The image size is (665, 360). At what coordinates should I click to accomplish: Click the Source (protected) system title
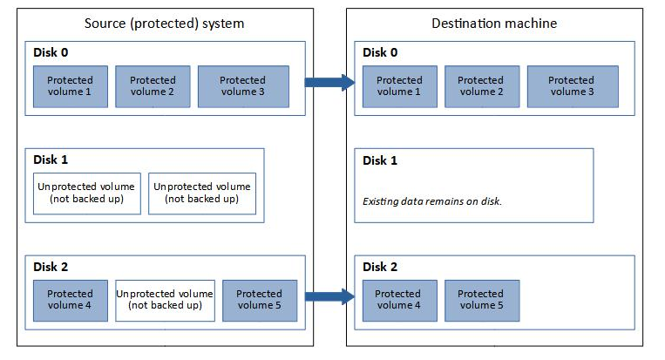(165, 23)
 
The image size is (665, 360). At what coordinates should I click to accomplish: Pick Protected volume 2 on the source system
(153, 86)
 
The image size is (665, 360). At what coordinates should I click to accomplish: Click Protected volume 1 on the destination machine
(398, 86)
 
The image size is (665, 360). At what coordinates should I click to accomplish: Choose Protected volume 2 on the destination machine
(481, 86)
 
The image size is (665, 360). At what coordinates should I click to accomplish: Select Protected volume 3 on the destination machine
(571, 86)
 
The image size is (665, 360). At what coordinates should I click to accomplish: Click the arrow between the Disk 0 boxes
(329, 83)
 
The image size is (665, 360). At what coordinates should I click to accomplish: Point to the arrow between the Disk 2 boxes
(329, 297)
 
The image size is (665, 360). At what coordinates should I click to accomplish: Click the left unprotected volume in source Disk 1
(85, 193)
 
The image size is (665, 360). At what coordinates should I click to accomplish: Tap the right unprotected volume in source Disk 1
(200, 193)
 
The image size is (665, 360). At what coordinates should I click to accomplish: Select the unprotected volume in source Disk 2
(165, 300)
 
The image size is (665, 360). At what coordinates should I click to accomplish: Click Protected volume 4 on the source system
(70, 300)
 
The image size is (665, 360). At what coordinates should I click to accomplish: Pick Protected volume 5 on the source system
(260, 300)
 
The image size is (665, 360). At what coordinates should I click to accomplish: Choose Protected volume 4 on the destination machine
(398, 300)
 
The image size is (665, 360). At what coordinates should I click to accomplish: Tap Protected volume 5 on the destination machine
(481, 300)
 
